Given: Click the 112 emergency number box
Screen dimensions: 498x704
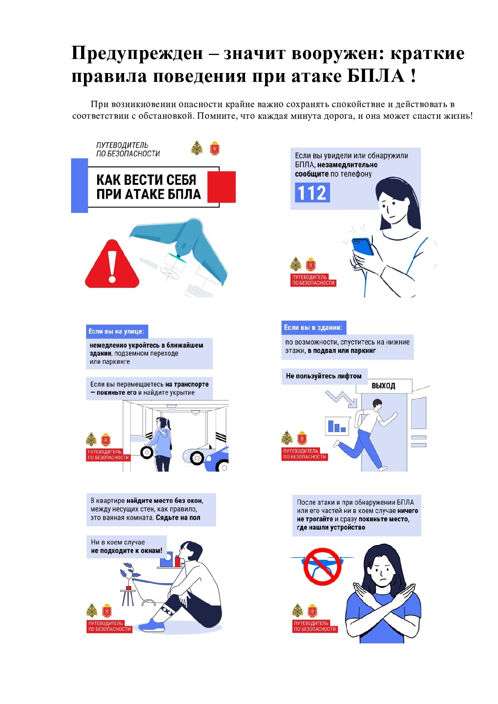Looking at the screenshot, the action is [x=312, y=193].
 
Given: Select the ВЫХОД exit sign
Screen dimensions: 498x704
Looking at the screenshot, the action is [x=384, y=386].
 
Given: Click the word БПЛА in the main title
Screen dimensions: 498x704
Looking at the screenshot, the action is [x=376, y=76].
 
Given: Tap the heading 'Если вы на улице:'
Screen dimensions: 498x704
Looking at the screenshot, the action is [x=116, y=332].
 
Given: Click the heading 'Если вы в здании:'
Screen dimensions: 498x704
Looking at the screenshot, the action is [x=313, y=328].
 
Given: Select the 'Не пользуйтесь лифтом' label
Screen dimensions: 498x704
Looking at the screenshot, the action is [x=324, y=376].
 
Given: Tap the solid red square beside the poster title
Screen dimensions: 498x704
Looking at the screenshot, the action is [x=222, y=187].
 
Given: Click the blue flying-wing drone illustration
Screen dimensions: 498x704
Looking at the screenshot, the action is [x=181, y=247].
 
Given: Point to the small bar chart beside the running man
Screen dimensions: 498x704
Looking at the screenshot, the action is [x=337, y=426].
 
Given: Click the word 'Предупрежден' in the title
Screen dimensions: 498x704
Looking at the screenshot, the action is [x=137, y=53].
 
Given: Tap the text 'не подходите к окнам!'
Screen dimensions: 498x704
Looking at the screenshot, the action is [x=127, y=551].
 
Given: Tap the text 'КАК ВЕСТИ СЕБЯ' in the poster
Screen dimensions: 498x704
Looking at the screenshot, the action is [x=146, y=180].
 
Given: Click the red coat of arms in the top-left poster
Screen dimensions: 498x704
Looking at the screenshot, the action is [x=215, y=148].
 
